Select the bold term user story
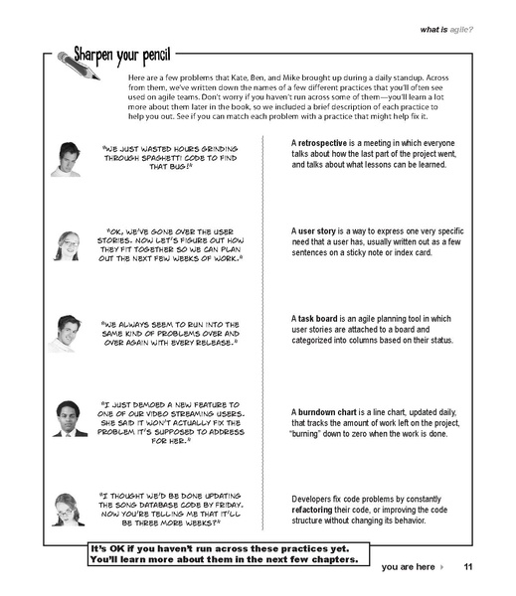click(x=320, y=228)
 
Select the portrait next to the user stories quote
click(x=67, y=245)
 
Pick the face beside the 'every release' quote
click(x=63, y=332)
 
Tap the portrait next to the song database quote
click(x=67, y=508)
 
